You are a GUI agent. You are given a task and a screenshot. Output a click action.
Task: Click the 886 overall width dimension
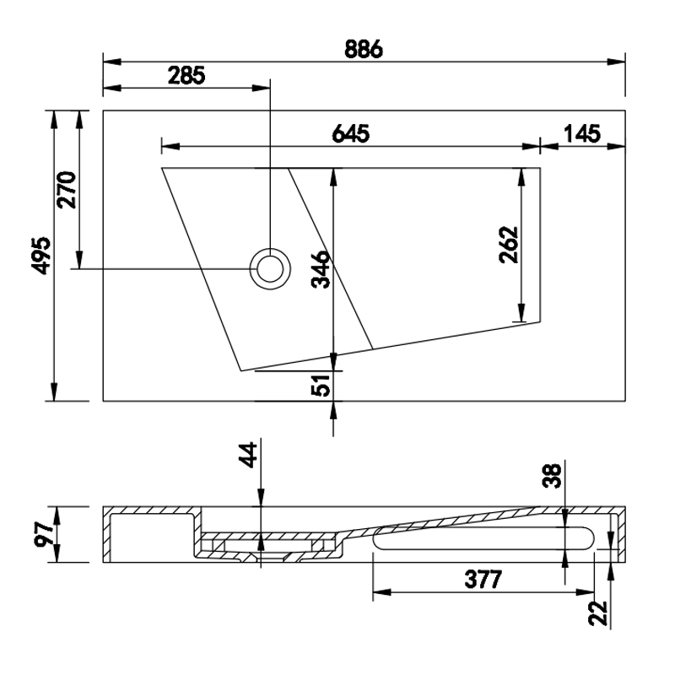pyautogui.click(x=364, y=49)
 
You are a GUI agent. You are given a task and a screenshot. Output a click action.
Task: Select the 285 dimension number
pyautogui.click(x=186, y=76)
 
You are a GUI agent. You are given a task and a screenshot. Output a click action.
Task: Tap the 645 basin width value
pyautogui.click(x=351, y=134)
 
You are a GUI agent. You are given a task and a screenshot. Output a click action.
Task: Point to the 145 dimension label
pyautogui.click(x=582, y=134)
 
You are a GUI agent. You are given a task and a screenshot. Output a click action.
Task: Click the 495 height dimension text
pyautogui.click(x=41, y=256)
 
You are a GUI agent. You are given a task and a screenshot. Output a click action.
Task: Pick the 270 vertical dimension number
pyautogui.click(x=67, y=190)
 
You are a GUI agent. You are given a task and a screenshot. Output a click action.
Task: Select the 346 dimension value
pyautogui.click(x=321, y=269)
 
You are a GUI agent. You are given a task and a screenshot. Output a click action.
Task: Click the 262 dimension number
pyautogui.click(x=509, y=245)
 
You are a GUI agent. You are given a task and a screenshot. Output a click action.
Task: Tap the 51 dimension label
pyautogui.click(x=321, y=385)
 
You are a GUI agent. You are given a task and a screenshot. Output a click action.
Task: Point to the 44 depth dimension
pyautogui.click(x=248, y=455)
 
